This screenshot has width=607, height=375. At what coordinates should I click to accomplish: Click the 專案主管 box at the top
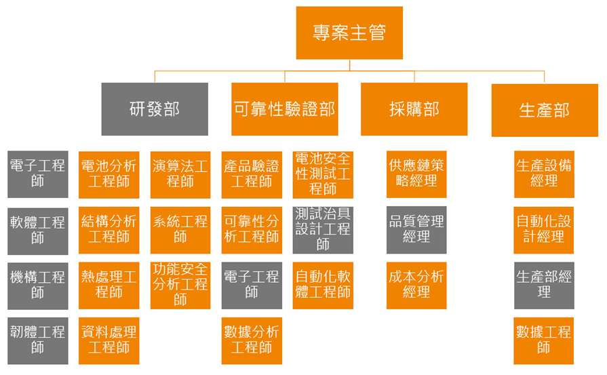tap(349, 33)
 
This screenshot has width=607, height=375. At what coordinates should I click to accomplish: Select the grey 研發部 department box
tap(155, 108)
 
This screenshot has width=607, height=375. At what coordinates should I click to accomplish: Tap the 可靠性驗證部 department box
tap(284, 108)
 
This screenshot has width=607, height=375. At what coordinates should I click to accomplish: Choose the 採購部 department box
tap(414, 108)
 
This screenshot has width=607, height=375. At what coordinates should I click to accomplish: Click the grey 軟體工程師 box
tap(38, 229)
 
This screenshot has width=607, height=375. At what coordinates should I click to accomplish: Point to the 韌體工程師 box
tap(38, 339)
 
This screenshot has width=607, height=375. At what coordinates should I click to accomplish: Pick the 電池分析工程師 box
tap(109, 174)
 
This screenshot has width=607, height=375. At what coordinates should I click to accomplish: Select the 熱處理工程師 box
tap(109, 284)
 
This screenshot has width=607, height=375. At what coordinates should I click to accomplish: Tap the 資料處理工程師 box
tap(109, 339)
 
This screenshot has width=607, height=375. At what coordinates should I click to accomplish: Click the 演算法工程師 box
tap(180, 174)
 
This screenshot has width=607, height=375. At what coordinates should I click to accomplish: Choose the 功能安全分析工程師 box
tap(180, 284)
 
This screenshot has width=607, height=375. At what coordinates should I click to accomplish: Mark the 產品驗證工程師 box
tap(252, 174)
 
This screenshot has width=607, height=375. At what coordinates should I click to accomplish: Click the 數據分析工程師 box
tap(252, 339)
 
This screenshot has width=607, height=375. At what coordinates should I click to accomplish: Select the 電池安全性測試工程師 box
tap(323, 174)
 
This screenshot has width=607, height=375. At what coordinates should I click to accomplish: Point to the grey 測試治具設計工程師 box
tap(323, 229)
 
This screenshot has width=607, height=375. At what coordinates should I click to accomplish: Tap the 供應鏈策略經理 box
tap(417, 174)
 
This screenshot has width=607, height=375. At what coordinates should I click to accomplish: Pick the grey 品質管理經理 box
tap(417, 229)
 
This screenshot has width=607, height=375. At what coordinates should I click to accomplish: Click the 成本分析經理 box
tap(417, 284)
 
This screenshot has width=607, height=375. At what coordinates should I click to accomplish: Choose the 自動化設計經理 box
tap(544, 229)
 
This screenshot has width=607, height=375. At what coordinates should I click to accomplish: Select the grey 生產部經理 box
tap(544, 284)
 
